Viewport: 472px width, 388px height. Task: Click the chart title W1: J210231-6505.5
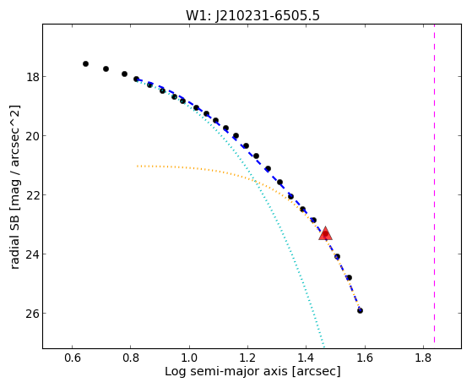pos(252,15)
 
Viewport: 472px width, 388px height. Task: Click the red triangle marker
pos(325,233)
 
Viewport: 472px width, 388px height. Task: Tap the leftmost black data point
pos(85,63)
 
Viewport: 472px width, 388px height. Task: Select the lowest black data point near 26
pos(360,310)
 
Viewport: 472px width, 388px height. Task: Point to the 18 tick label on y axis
pos(32,77)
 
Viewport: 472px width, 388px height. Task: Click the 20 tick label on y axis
pos(32,136)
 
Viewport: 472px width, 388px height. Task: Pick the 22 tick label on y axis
pos(32,195)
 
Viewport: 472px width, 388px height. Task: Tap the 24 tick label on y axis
pos(32,254)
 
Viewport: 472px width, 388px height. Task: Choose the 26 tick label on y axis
pos(32,314)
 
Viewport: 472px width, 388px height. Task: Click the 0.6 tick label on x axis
pos(72,358)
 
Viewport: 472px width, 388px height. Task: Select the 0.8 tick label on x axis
pos(130,358)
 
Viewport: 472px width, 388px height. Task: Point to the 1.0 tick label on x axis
pos(189,358)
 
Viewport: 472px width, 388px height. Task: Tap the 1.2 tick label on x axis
pos(247,358)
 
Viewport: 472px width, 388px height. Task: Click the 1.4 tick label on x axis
pos(306,358)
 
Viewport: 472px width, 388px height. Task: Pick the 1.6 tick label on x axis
pos(365,358)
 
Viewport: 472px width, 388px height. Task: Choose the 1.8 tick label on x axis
pos(423,358)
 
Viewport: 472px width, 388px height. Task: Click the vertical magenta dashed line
pos(434,183)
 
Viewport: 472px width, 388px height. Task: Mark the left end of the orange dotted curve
pos(138,166)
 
